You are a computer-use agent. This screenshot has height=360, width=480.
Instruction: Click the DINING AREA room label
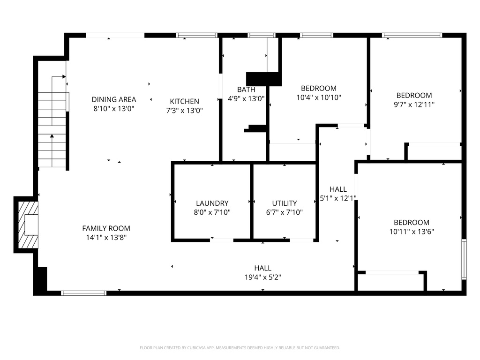coord(114,99)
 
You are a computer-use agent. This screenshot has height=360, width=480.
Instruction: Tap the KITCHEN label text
coord(184,101)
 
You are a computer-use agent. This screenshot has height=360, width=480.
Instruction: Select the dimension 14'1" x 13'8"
coord(106,237)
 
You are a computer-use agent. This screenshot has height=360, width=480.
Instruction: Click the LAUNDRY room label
coord(212,203)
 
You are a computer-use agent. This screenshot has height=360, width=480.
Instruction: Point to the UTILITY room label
coord(285,203)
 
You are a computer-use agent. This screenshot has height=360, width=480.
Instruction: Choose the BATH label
coord(246,90)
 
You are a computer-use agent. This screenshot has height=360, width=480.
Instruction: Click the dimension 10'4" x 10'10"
coord(319,97)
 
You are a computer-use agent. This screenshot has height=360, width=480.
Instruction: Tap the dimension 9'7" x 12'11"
coord(414,105)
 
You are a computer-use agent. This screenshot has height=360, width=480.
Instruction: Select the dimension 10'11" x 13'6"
coord(411,232)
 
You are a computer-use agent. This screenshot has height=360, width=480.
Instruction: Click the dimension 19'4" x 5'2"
coord(262,277)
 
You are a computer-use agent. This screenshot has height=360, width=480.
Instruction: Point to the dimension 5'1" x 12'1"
coord(338,198)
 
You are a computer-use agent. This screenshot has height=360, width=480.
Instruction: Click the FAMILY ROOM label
coord(106,228)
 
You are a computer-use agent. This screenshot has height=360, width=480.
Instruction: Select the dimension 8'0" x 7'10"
coord(212,212)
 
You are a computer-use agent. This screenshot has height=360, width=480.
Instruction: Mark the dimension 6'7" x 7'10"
coord(285,212)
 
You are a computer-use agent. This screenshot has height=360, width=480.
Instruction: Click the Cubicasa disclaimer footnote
coord(240,348)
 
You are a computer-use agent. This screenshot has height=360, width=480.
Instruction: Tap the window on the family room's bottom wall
coord(84,293)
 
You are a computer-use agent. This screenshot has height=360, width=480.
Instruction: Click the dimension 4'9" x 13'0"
coord(246,98)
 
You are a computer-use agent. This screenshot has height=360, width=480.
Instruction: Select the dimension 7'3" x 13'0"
coord(184,111)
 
